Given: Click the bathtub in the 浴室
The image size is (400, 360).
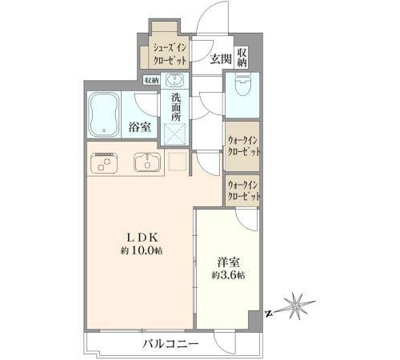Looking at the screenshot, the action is [104, 115].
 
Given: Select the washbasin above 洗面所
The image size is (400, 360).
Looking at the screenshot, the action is [174, 79].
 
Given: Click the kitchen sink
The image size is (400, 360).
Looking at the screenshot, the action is [147, 162].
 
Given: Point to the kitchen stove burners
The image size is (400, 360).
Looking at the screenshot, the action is [104, 163].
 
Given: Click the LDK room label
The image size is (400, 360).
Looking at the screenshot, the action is [142, 238].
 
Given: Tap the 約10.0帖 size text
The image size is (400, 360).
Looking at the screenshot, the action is [142, 250].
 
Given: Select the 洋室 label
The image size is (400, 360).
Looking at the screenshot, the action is [229, 262].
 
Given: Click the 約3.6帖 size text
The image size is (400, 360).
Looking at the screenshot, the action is [229, 275].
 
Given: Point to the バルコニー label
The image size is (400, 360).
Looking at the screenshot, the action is [170, 343].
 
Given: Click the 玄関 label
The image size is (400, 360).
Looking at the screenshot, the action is [221, 59].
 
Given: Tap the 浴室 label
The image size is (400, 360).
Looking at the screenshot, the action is [140, 127].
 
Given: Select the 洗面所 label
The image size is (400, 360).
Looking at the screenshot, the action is [176, 108].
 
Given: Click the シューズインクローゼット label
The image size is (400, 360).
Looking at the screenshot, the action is [170, 54].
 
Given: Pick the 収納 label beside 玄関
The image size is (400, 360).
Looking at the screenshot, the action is [242, 58].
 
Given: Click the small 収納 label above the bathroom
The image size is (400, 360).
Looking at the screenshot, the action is [152, 80].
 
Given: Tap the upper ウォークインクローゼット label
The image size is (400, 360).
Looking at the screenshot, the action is [243, 146].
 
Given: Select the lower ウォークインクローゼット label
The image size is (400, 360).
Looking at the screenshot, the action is [243, 190].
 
